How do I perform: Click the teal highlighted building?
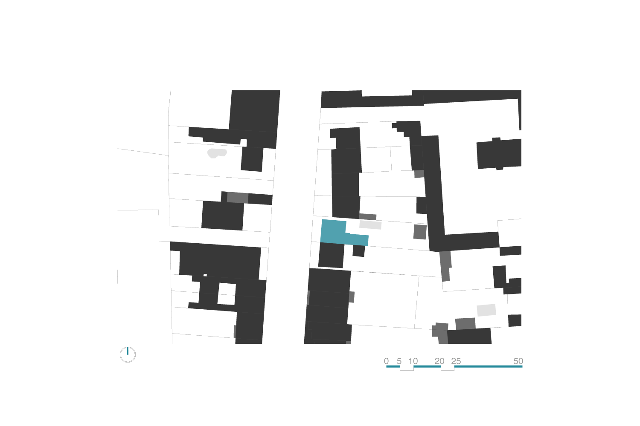coord(334,232)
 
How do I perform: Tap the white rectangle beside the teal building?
coord(370,225)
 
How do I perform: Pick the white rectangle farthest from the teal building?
coord(486,310)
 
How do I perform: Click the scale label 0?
coord(386,361)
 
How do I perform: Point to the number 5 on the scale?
coord(399,361)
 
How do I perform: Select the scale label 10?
coord(413,361)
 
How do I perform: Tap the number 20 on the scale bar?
coord(439,361)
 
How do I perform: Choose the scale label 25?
coord(456,361)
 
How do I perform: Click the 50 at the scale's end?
coord(518,361)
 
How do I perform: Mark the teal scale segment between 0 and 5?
coord(393,366)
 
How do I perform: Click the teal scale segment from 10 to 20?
coord(427,366)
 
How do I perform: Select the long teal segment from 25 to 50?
coord(488,366)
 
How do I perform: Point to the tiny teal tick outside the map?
coord(128,351)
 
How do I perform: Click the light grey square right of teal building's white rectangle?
coord(420,232)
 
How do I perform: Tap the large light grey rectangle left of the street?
coord(238,197)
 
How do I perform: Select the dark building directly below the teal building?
coord(331,255)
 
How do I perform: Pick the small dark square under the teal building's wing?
coord(359,251)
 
